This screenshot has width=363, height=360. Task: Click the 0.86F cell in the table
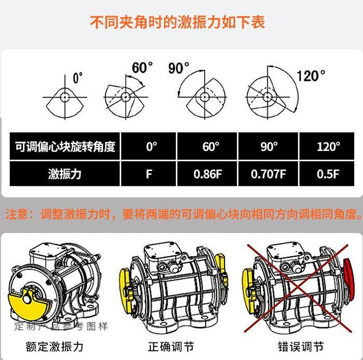tap(207, 174)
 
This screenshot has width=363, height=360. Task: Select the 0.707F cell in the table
tap(268, 174)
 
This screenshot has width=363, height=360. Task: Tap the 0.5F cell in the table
tap(327, 174)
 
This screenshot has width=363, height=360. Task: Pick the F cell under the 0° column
tap(148, 174)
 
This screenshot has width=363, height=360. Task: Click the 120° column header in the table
tap(327, 146)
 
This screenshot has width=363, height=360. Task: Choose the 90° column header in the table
tap(268, 146)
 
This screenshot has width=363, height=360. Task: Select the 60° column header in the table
tap(207, 146)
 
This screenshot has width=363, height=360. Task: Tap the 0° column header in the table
tap(148, 146)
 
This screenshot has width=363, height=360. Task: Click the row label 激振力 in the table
tap(65, 174)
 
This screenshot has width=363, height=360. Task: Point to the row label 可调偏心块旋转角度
tap(65, 146)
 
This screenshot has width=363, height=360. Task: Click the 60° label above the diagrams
tap(142, 67)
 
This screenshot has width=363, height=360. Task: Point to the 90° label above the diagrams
tap(178, 68)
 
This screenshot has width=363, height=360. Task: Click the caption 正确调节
tap(171, 347)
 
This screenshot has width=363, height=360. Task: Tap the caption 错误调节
tap(300, 347)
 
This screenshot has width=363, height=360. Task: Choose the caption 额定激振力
tap(54, 347)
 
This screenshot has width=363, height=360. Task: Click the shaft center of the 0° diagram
tap(65, 97)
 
